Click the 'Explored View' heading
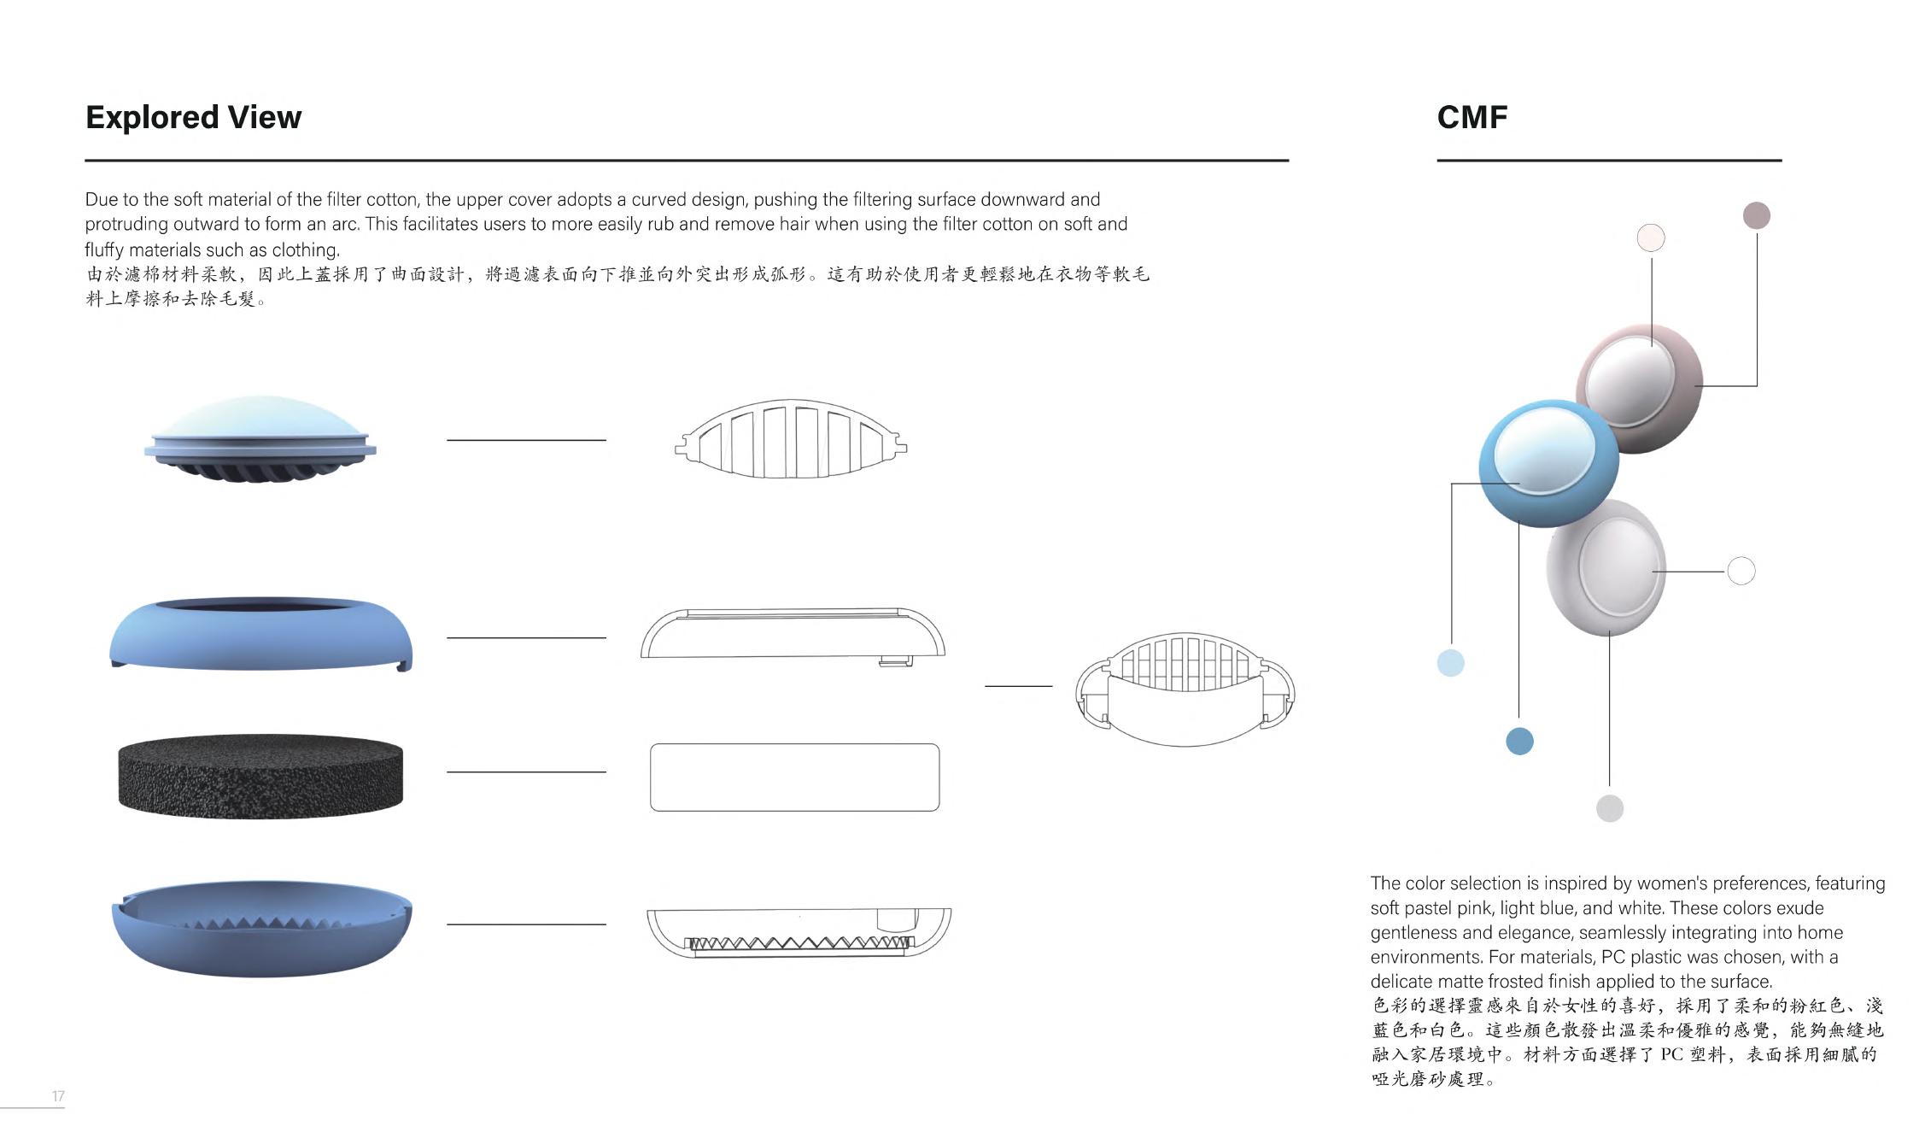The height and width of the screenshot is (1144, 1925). click(x=193, y=117)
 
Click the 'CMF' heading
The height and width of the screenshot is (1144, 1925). click(x=1472, y=117)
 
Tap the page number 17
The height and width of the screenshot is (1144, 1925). click(x=58, y=1096)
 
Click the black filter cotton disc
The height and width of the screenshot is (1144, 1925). click(x=260, y=776)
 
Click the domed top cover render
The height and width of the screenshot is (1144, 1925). click(x=260, y=436)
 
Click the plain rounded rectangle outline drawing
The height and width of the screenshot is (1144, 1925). click(x=794, y=777)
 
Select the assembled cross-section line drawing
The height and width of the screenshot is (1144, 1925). click(x=1185, y=689)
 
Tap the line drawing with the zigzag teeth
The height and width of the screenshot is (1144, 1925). click(x=799, y=933)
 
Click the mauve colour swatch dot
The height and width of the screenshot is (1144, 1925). click(x=1756, y=215)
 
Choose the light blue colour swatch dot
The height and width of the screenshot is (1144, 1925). click(x=1450, y=662)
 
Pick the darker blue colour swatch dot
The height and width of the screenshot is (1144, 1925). click(x=1519, y=741)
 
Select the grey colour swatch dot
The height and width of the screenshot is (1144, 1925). click(x=1609, y=808)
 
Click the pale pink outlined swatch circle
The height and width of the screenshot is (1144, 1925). click(x=1651, y=238)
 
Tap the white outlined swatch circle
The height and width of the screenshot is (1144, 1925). click(x=1741, y=571)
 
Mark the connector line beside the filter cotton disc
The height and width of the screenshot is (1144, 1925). click(x=526, y=771)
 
